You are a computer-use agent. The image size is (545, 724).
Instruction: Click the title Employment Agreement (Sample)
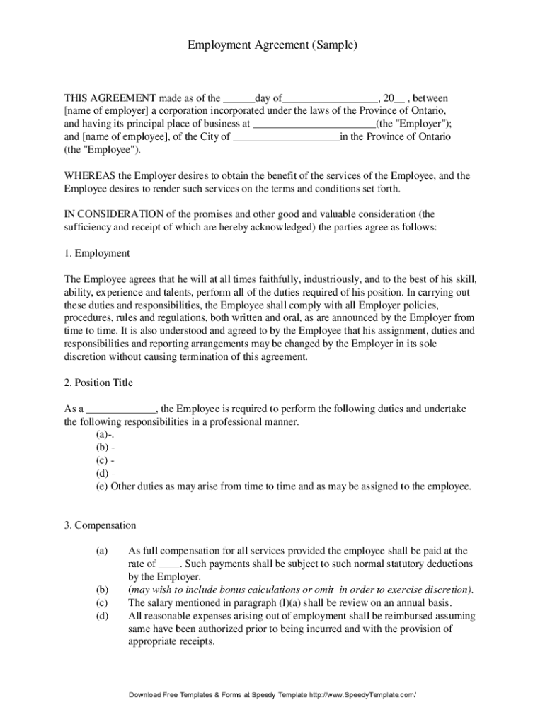click(x=272, y=45)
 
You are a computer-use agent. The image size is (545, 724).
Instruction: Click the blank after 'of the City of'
click(x=286, y=137)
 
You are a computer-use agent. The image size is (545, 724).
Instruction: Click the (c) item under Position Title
click(x=105, y=460)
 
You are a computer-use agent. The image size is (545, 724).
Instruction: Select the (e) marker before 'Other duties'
click(x=102, y=486)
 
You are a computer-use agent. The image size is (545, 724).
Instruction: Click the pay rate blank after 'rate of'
click(x=169, y=564)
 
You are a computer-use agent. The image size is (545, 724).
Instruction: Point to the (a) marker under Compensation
click(x=102, y=551)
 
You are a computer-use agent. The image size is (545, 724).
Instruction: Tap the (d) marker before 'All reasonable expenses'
click(x=102, y=616)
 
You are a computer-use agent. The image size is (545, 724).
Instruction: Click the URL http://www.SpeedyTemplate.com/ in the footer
click(x=362, y=696)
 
